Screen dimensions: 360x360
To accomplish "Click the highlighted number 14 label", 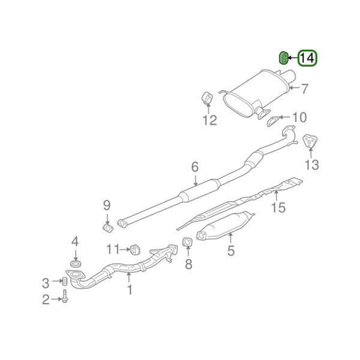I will pyautogui.click(x=308, y=57).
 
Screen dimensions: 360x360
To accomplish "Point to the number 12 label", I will pyautogui.click(x=210, y=120).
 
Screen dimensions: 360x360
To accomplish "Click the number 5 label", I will pyautogui.click(x=231, y=253).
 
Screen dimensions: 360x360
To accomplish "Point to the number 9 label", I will pyautogui.click(x=106, y=205).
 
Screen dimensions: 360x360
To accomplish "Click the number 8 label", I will pyautogui.click(x=189, y=263).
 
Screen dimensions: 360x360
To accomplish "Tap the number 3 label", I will pyautogui.click(x=46, y=282).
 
